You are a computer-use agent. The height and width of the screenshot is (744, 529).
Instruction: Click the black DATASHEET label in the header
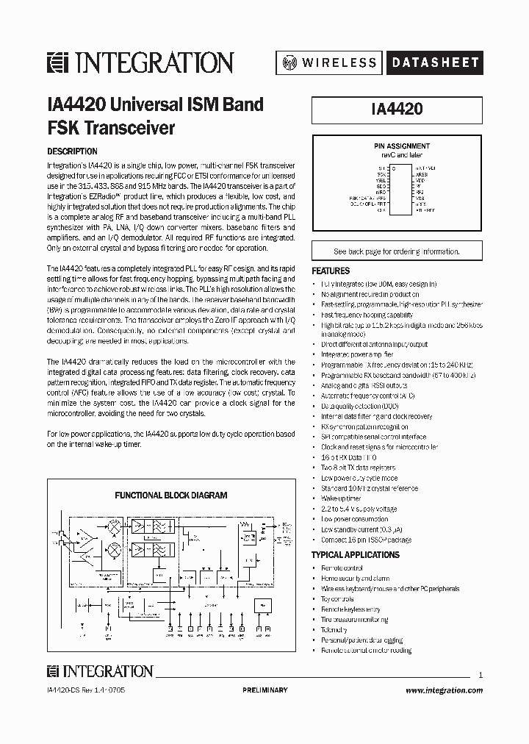click(x=433, y=63)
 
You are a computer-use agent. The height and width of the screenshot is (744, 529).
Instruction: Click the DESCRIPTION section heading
click(x=72, y=151)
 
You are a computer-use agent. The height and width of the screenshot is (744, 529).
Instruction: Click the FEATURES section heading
click(x=331, y=271)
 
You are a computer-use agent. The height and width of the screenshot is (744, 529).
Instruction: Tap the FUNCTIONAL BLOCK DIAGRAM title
click(x=170, y=496)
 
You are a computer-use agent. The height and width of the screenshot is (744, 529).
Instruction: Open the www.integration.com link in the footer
click(x=444, y=690)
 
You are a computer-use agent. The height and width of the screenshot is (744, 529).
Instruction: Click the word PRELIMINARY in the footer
click(x=264, y=690)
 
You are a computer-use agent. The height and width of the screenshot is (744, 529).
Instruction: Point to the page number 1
click(x=480, y=675)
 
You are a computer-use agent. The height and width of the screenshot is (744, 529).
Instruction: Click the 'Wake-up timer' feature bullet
click(x=341, y=498)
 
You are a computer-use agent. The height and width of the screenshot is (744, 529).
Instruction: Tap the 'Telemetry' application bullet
click(x=334, y=630)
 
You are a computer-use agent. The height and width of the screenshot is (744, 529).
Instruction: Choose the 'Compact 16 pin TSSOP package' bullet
click(x=366, y=540)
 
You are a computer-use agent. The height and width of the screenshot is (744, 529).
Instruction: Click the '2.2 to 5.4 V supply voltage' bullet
click(x=359, y=509)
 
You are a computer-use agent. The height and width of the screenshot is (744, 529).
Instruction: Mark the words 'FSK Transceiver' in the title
click(x=111, y=127)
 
